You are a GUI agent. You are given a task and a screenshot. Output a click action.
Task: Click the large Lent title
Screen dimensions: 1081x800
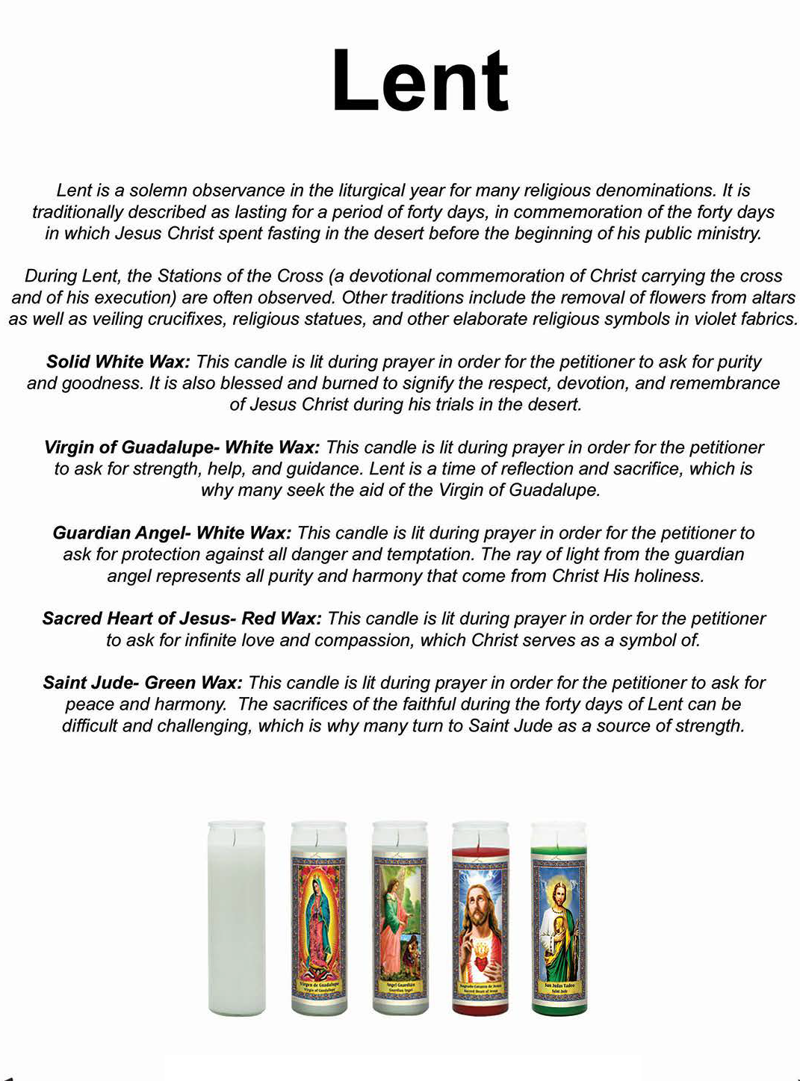[x=420, y=81]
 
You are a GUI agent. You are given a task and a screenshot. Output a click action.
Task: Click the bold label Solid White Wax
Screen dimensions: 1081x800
[x=118, y=362]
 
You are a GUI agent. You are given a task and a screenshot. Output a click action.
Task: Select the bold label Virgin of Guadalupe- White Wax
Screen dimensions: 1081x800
[x=182, y=447]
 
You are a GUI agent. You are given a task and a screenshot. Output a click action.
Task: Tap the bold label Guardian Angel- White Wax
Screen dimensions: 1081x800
[x=171, y=533]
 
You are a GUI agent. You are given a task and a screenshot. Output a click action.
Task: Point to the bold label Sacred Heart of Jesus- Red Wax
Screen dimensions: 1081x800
[x=182, y=619]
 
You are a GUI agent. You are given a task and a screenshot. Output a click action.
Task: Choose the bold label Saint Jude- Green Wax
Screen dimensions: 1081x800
[x=142, y=683]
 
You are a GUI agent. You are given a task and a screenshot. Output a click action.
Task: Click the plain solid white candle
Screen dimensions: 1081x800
[x=236, y=918]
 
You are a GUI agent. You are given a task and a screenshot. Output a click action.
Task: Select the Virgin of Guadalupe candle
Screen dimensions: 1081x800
[x=318, y=918]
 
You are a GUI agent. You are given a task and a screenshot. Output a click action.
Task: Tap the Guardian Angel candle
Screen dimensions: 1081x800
[x=400, y=918]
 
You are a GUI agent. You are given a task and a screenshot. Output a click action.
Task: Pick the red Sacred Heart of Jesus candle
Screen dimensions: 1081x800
[x=480, y=918]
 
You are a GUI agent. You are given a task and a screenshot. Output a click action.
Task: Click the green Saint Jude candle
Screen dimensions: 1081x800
[x=559, y=918]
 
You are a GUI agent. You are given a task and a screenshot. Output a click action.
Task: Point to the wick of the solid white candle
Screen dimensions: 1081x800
[x=236, y=839]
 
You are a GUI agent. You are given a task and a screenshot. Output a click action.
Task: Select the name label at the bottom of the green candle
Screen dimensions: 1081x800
[x=559, y=988]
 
